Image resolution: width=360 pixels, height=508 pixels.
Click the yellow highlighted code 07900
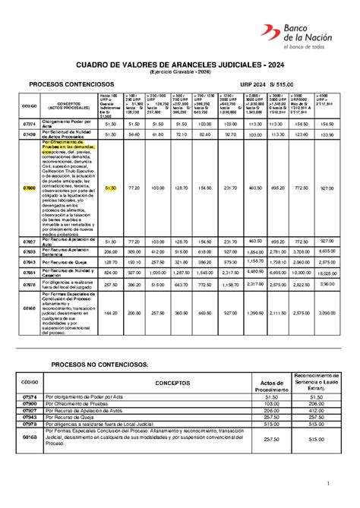pos(30,187)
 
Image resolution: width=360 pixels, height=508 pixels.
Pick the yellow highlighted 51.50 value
pos(111,187)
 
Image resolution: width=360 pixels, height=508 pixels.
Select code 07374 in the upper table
pos(30,123)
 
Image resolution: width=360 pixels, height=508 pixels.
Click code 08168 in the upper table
pos(30,309)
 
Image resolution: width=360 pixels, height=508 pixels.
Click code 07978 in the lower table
pos(30,424)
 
